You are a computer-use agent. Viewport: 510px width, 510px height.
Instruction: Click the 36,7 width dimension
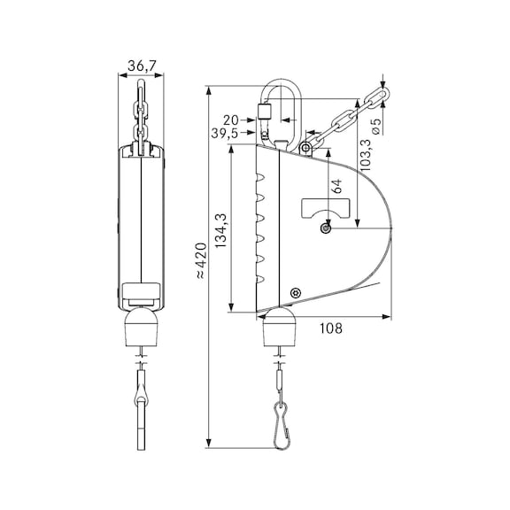coord(139,66)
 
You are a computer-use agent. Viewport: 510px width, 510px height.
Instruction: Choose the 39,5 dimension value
coord(224,133)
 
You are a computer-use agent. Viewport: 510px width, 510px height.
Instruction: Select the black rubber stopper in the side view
coord(281,329)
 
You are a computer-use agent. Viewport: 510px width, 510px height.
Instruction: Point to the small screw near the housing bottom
coord(296,292)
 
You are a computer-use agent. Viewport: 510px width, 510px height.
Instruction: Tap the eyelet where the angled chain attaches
coord(305,145)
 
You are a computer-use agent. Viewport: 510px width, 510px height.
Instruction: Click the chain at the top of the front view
coord(140,112)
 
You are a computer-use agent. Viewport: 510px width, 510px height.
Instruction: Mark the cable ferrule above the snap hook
coord(281,376)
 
